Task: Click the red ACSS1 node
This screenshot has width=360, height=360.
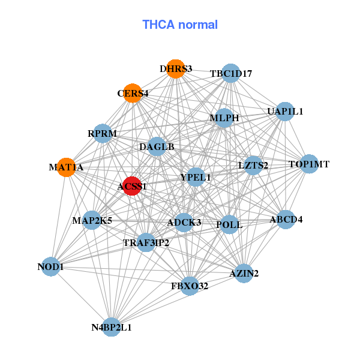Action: tap(132, 186)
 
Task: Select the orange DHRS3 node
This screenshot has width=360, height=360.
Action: tap(176, 69)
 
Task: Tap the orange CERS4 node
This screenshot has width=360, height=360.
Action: tap(133, 93)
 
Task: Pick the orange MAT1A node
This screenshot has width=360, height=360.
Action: tap(67, 167)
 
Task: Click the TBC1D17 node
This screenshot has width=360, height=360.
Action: tap(231, 73)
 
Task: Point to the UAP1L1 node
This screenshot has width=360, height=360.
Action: tap(284, 112)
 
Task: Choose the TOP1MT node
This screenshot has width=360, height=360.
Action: tap(309, 164)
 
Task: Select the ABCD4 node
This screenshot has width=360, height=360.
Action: tap(286, 220)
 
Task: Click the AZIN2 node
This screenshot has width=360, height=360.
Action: tap(244, 273)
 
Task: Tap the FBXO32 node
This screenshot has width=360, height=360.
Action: tap(190, 286)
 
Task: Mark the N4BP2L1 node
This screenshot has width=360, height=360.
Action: tap(112, 327)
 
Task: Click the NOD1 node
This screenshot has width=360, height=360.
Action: tap(51, 267)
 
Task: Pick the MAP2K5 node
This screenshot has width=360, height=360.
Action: tap(92, 220)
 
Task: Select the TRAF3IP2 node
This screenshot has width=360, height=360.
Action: tap(146, 242)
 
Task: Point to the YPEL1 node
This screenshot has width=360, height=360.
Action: tap(196, 177)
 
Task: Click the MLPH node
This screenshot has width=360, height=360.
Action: tap(224, 118)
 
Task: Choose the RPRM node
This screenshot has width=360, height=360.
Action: tap(103, 133)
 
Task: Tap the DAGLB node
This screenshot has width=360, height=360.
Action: tap(157, 147)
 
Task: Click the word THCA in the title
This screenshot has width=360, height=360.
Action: tap(158, 25)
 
